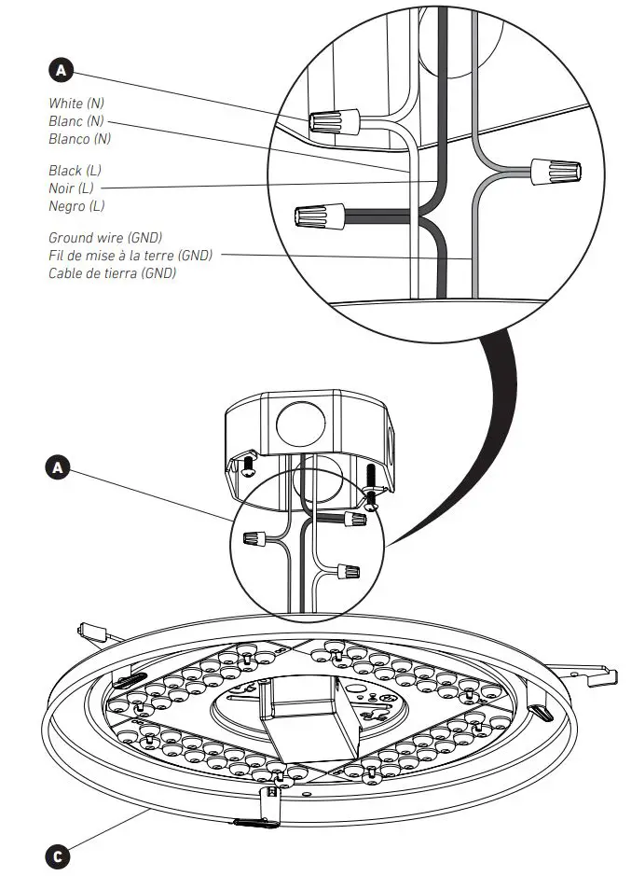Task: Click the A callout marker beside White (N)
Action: pyautogui.click(x=61, y=70)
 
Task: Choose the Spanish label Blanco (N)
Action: pyautogui.click(x=80, y=139)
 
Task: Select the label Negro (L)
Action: pyautogui.click(x=77, y=206)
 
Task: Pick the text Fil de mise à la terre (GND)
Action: pyautogui.click(x=130, y=256)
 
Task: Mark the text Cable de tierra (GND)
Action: pyautogui.click(x=112, y=273)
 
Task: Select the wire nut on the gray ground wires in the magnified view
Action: pyautogui.click(x=556, y=172)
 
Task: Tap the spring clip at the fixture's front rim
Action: pyautogui.click(x=268, y=804)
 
